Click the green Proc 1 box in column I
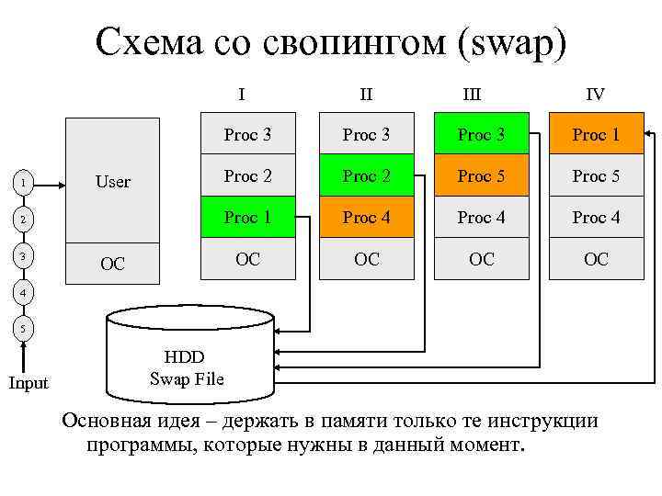pyautogui.click(x=248, y=218)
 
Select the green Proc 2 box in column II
pyautogui.click(x=366, y=176)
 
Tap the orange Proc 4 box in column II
pyautogui.click(x=366, y=218)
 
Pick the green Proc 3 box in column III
pyautogui.click(x=481, y=135)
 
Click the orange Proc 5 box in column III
pyautogui.click(x=481, y=176)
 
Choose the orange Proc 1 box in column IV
pyautogui.click(x=596, y=135)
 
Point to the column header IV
pyautogui.click(x=596, y=94)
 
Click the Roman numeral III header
pyautogui.click(x=472, y=94)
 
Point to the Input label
pyautogui.click(x=29, y=384)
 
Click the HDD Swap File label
pyautogui.click(x=186, y=367)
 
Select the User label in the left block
pyautogui.click(x=113, y=182)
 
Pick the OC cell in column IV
pyautogui.click(x=596, y=259)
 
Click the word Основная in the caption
pyautogui.click(x=106, y=422)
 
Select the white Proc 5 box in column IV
pyautogui.click(x=596, y=176)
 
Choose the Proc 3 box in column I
pyautogui.click(x=248, y=135)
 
